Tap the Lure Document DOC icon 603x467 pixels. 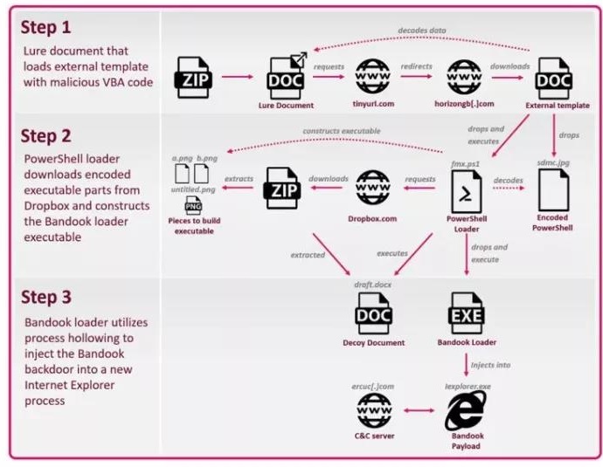pos(287,76)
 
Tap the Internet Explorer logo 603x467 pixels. pos(465,409)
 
